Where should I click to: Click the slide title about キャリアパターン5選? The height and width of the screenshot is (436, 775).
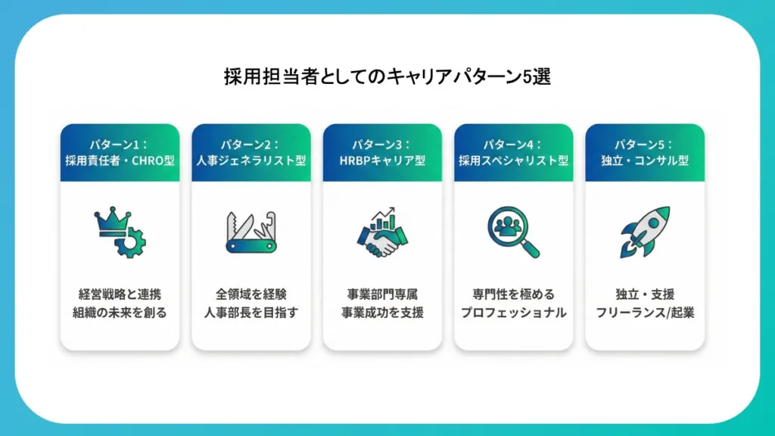[x=387, y=76]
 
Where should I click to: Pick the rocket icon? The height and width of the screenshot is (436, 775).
[x=645, y=231]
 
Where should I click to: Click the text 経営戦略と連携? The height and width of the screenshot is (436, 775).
[x=120, y=294]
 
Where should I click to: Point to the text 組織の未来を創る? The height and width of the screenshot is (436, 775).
[x=120, y=313]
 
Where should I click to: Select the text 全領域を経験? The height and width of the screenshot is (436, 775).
[x=251, y=294]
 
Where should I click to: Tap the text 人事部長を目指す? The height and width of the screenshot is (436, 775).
[x=251, y=313]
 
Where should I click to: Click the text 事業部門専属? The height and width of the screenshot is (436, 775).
[x=382, y=294]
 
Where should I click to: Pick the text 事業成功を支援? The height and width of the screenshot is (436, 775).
[x=382, y=313]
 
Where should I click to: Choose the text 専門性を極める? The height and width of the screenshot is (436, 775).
[x=514, y=294]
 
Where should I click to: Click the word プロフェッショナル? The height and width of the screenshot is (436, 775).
[x=514, y=313]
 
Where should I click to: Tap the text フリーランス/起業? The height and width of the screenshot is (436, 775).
[x=645, y=313]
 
